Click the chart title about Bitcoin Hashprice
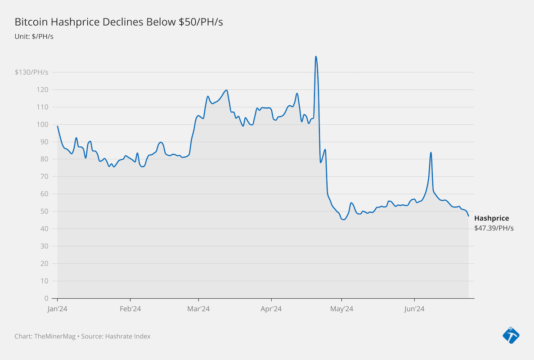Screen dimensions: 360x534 click(x=119, y=22)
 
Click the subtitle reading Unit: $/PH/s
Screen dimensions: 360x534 click(x=34, y=36)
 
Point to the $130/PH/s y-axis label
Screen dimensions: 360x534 click(x=31, y=72)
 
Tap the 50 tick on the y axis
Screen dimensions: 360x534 click(x=44, y=211)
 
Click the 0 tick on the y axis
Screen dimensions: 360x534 click(x=46, y=298)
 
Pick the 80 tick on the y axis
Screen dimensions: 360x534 click(x=44, y=159)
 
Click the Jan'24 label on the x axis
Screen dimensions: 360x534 click(x=58, y=309)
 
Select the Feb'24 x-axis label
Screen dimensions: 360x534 click(x=130, y=309)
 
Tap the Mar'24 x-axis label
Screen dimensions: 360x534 click(x=198, y=309)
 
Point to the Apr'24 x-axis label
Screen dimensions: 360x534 click(x=271, y=309)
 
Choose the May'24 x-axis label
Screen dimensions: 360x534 click(x=341, y=309)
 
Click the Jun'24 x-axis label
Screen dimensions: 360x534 click(x=414, y=309)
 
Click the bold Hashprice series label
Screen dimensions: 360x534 click(x=492, y=218)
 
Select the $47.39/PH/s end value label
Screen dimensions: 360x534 click(x=494, y=228)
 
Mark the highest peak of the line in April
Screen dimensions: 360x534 click(x=316, y=56)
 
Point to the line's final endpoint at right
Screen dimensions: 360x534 click(x=468, y=216)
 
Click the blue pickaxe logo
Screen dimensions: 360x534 click(x=511, y=335)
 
